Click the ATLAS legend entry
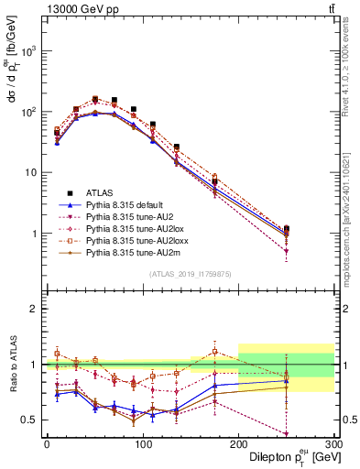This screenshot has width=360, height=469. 100,192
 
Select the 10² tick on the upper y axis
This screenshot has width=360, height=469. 29,112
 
